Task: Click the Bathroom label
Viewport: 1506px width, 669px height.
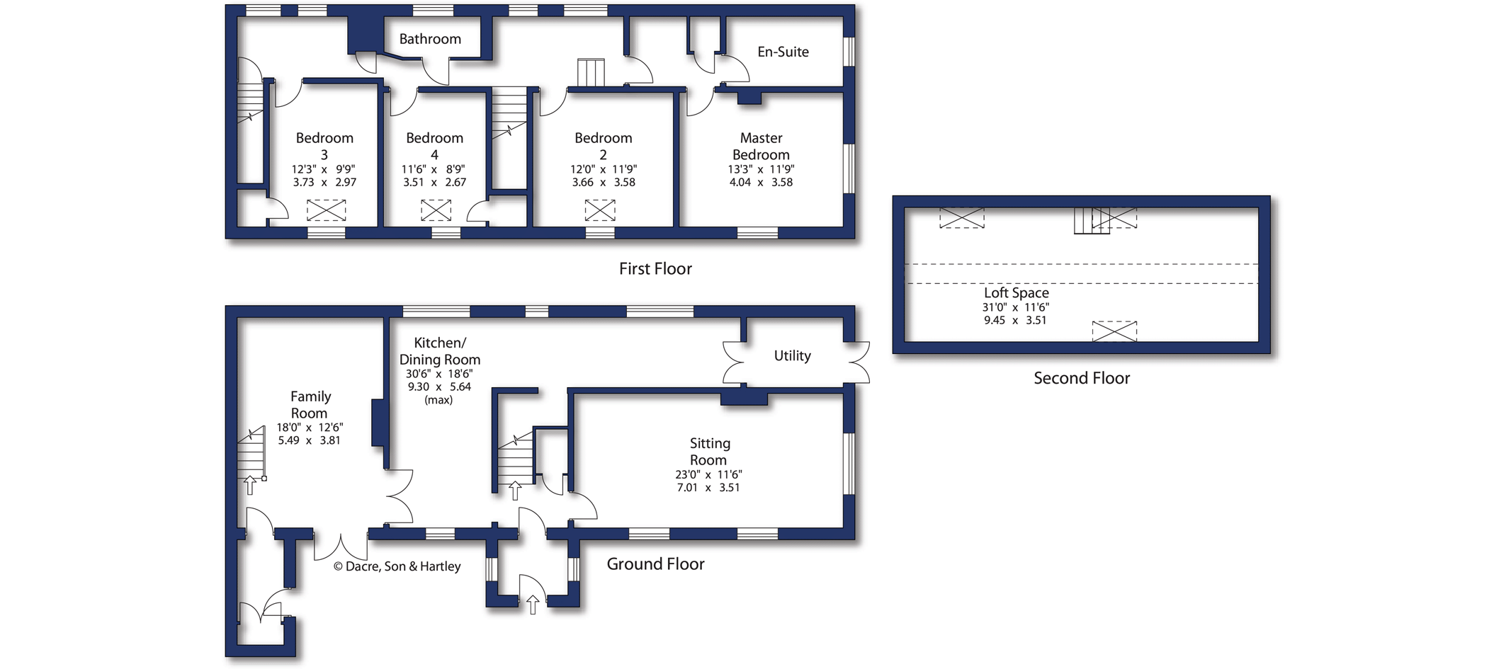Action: tap(430, 39)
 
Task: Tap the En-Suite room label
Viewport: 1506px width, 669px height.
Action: tap(783, 52)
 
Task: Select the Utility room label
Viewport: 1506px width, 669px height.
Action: tap(792, 355)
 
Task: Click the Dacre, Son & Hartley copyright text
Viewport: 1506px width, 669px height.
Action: tap(397, 566)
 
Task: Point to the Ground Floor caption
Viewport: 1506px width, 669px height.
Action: tap(655, 564)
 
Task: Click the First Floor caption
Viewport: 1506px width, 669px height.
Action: tap(655, 268)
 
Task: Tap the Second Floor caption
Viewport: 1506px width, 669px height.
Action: tap(1082, 378)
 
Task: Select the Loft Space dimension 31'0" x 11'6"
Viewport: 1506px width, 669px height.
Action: tap(1015, 307)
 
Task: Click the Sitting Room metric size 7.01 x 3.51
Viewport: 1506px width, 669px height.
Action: tap(708, 487)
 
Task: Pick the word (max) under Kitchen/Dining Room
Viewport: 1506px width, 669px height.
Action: tap(438, 400)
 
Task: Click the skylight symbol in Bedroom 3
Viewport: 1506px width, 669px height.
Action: tap(326, 210)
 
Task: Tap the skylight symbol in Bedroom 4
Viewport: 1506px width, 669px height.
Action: tap(436, 210)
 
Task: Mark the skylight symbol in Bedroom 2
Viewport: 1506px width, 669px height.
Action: tap(600, 210)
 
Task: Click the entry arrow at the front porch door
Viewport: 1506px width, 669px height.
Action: tap(533, 604)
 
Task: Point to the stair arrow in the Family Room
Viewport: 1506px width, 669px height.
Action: tap(249, 485)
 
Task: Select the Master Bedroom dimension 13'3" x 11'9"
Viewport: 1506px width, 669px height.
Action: tap(761, 169)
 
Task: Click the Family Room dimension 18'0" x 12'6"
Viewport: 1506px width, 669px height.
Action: tap(310, 428)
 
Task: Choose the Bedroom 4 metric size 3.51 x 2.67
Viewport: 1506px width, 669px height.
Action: tap(434, 182)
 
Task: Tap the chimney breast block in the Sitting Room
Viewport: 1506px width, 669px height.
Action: tap(744, 399)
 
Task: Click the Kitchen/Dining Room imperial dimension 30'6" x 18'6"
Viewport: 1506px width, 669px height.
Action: tap(439, 374)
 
